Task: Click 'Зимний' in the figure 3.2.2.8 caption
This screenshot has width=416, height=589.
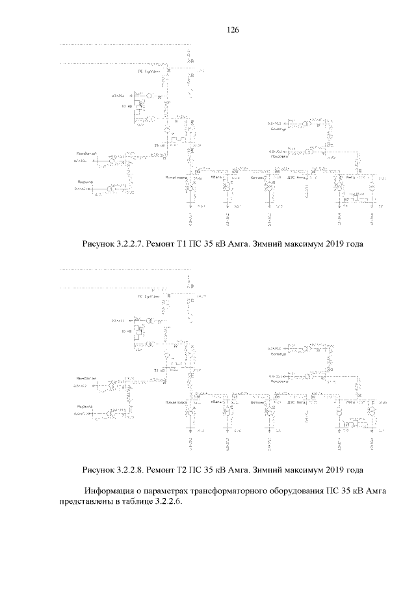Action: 266,469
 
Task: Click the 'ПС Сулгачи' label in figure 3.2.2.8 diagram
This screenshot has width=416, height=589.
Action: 149,296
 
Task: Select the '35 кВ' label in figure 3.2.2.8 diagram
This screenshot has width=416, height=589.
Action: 159,370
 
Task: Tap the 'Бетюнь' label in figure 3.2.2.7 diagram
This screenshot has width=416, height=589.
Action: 258,177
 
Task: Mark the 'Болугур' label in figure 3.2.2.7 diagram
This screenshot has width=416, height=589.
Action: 279,130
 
